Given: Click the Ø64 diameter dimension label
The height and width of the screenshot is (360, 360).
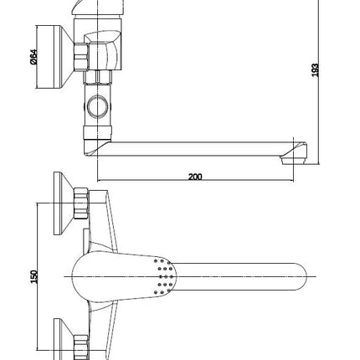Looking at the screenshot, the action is point(33,57).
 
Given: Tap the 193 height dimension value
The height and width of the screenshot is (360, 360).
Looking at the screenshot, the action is point(315,70).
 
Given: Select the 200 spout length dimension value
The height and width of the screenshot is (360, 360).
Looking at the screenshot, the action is point(195,177).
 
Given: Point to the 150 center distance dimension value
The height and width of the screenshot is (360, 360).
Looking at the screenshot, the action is point(33,276).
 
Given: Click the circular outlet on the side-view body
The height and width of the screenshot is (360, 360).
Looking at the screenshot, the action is point(97,106).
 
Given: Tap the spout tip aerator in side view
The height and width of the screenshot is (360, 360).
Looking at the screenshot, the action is point(293,160).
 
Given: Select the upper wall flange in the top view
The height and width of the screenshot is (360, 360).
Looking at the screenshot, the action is point(64,203).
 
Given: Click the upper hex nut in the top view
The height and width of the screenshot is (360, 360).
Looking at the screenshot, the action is point(81,203).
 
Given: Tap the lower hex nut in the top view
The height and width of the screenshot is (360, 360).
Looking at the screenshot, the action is point(81,347).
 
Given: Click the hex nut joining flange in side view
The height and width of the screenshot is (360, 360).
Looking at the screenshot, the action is point(81,57).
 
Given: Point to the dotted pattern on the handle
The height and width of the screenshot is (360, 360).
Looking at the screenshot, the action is point(164,276).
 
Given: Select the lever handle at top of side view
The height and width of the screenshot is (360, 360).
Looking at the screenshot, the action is point(98,8).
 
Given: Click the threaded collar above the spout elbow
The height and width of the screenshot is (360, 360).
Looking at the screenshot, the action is point(97,132).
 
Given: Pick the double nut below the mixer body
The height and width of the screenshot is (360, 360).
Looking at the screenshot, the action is point(98,77).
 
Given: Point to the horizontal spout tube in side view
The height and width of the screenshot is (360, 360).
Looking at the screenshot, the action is point(195,149).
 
